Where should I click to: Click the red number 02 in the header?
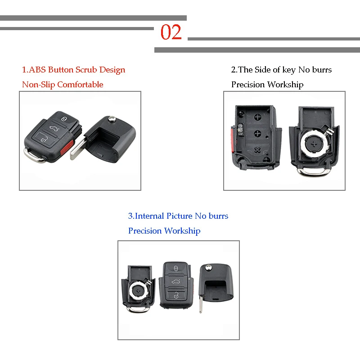click(x=171, y=33)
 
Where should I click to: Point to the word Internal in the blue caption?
click(x=150, y=216)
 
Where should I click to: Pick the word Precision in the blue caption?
click(x=144, y=231)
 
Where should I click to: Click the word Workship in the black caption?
click(x=285, y=85)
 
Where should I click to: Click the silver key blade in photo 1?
click(x=78, y=146)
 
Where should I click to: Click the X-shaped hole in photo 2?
click(x=257, y=150)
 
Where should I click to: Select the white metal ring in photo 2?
click(x=314, y=144)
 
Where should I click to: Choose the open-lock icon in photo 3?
click(x=175, y=296)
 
